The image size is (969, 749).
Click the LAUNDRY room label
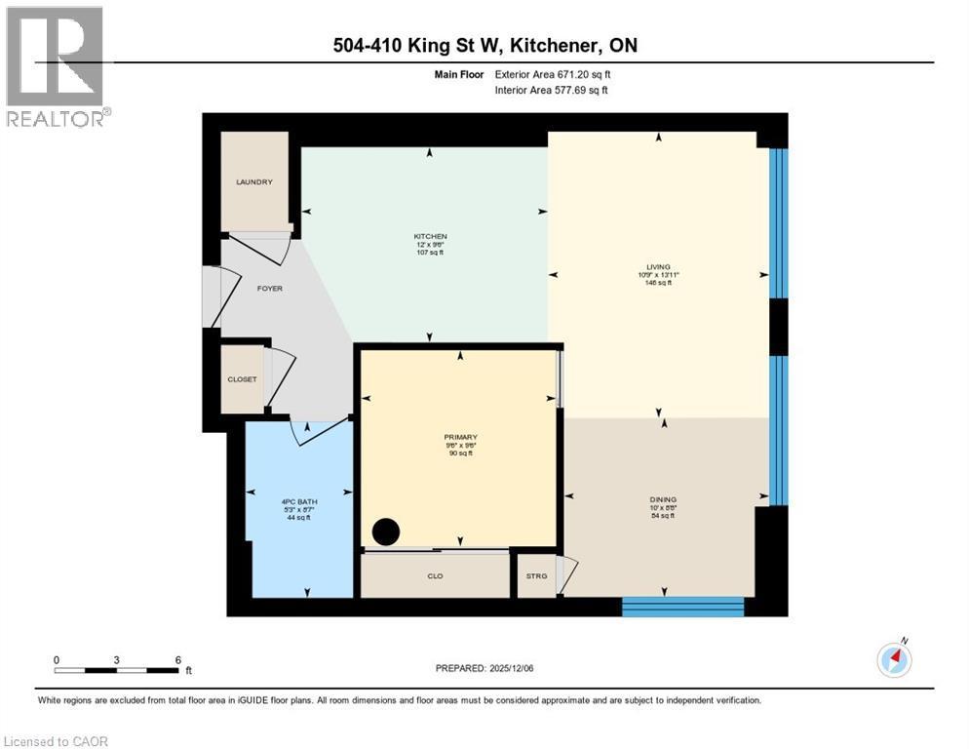[x=253, y=182]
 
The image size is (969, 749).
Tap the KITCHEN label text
[x=430, y=237]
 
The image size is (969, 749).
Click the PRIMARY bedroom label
[x=458, y=437]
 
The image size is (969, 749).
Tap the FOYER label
[x=269, y=289]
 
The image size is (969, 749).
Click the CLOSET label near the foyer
[x=242, y=379]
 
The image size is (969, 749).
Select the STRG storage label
[x=536, y=576]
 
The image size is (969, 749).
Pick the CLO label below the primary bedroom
[x=435, y=576]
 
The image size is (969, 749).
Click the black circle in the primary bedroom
[x=386, y=532]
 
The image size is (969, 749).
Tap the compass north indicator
[x=894, y=659]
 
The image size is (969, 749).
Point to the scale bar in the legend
[x=117, y=670]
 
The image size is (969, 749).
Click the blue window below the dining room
[x=682, y=607]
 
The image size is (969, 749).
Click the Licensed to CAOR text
[x=57, y=741]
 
